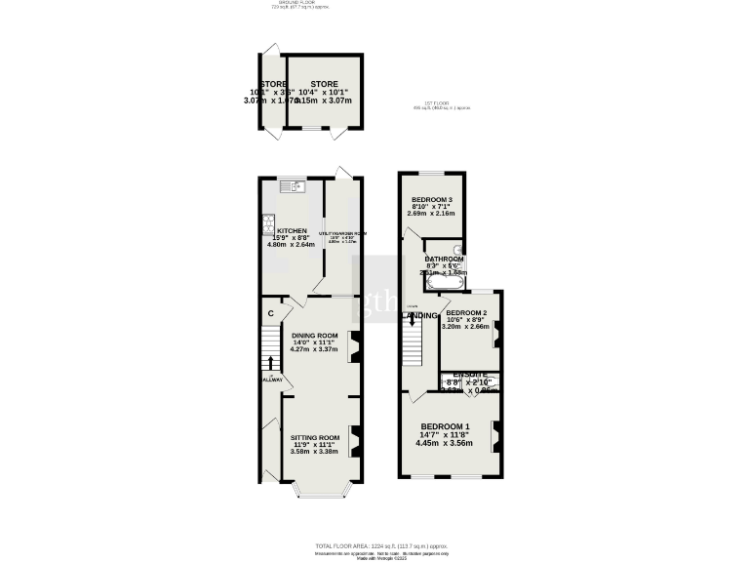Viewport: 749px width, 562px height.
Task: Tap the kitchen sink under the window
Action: coord(294,185)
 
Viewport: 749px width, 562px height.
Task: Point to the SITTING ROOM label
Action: coord(313,438)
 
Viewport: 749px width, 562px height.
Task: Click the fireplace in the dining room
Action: coord(355,346)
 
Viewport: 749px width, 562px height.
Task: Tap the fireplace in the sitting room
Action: coord(355,441)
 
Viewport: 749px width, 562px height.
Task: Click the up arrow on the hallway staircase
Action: coord(271,362)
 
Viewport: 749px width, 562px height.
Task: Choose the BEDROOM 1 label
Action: coord(446,427)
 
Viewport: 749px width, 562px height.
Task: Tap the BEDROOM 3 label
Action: coord(430,199)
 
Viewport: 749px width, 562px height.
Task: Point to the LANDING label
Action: coord(420,315)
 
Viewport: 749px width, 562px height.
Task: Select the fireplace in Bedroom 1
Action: coord(497,434)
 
